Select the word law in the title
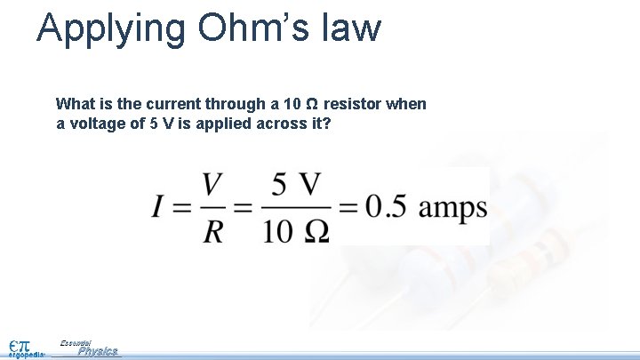(354, 28)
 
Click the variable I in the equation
(157, 208)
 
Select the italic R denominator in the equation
(212, 231)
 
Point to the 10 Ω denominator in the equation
(295, 231)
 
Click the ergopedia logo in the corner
(21, 348)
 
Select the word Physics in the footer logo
(98, 351)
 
